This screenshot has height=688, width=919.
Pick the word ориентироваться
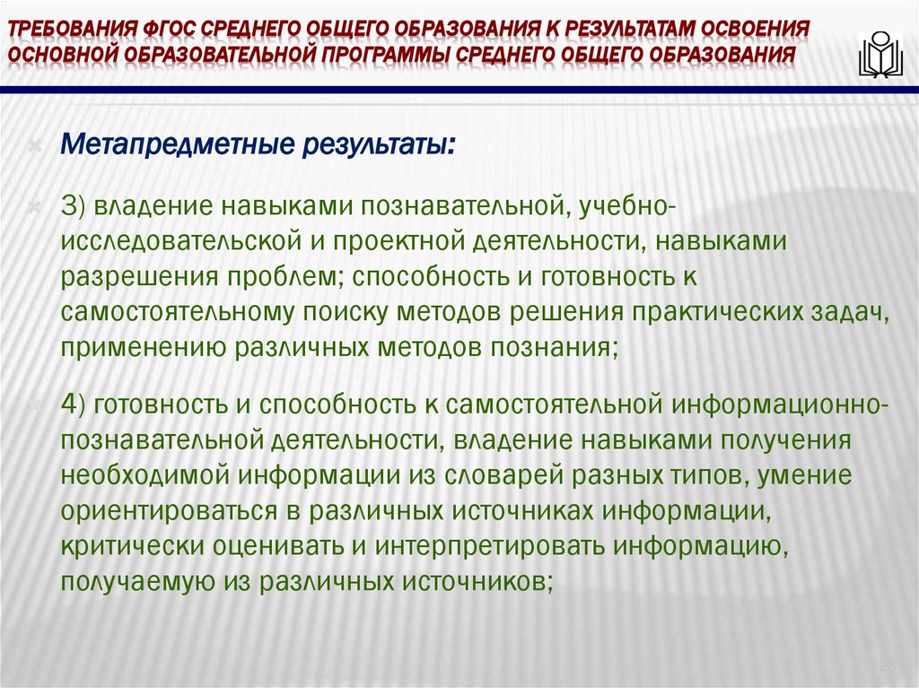pos(162,509)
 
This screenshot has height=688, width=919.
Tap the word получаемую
pos(121,581)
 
